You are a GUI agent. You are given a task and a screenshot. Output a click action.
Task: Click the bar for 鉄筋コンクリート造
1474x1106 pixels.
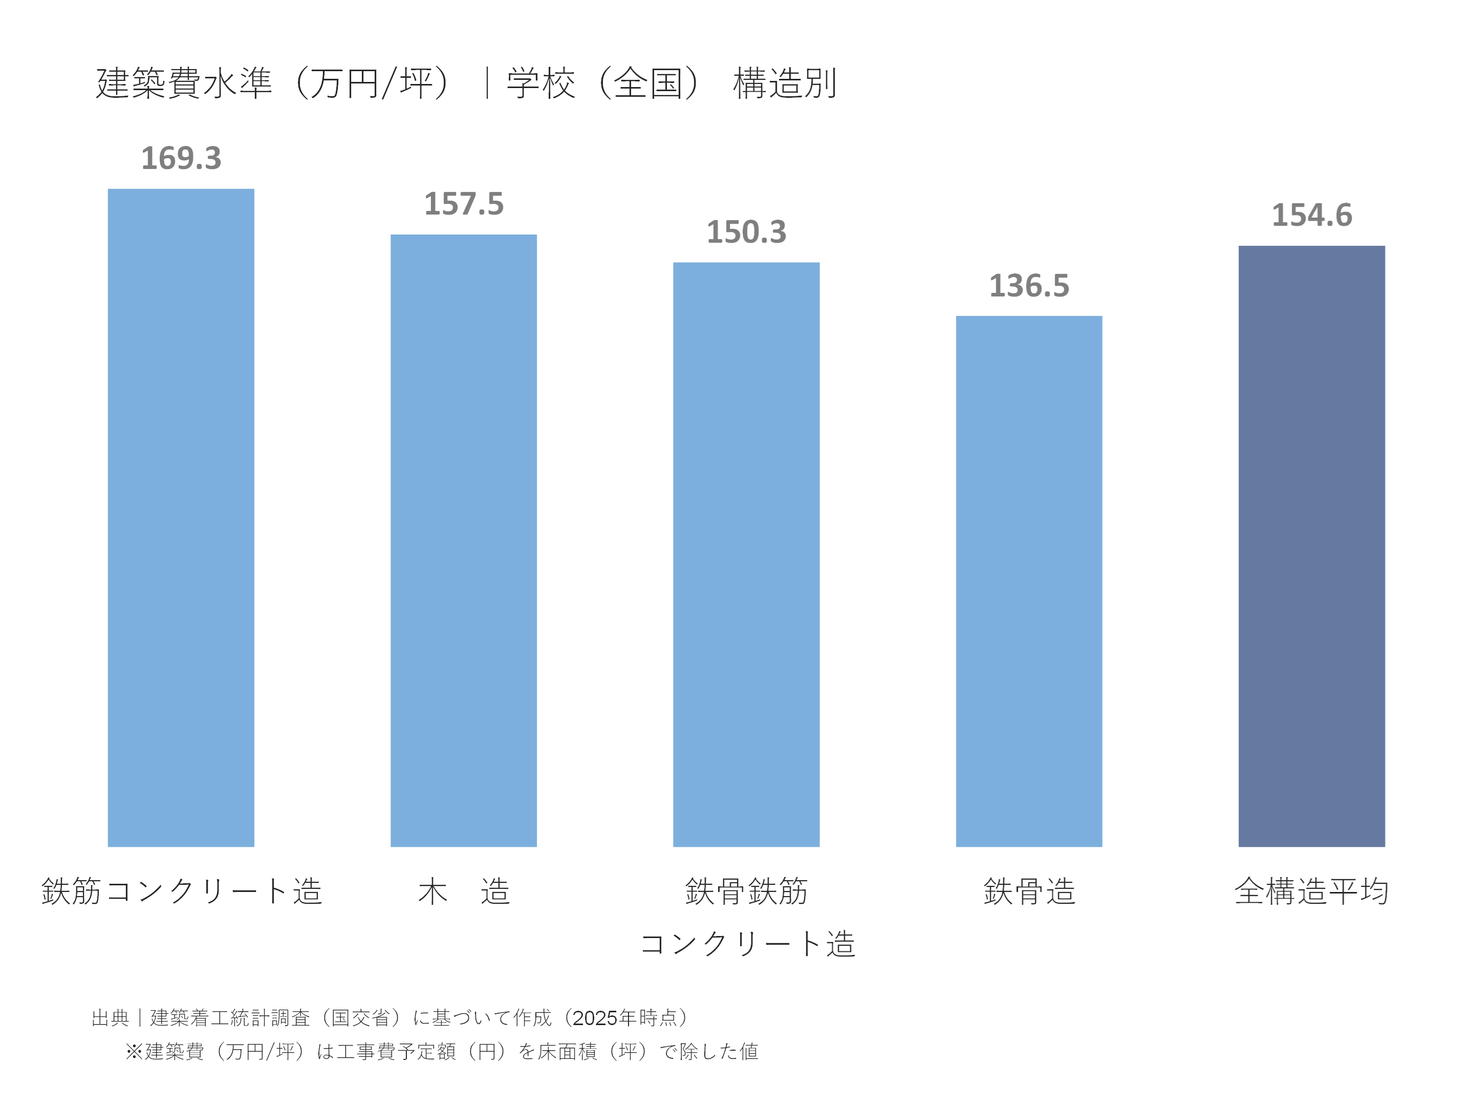(181, 517)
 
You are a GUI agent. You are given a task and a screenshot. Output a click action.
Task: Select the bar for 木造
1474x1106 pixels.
(463, 540)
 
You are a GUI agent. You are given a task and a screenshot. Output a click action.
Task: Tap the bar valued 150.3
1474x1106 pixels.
(746, 554)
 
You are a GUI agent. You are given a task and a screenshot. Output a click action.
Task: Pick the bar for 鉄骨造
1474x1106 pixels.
(1028, 581)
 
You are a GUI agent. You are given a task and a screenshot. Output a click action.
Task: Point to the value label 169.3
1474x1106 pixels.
(181, 159)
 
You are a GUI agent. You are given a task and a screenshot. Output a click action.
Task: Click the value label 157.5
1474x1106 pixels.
(464, 204)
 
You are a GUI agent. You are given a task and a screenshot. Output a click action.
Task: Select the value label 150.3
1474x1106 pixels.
(746, 232)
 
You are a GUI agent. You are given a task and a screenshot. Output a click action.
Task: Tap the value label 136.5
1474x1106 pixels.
(1029, 286)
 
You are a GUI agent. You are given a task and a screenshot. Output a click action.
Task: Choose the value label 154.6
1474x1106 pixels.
(1311, 216)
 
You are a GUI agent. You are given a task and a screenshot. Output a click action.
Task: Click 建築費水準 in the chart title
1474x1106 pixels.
(184, 84)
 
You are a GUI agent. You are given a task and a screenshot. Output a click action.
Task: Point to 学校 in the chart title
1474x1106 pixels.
(540, 84)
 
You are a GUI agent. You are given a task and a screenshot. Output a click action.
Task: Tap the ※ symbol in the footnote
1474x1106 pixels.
(134, 1051)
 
